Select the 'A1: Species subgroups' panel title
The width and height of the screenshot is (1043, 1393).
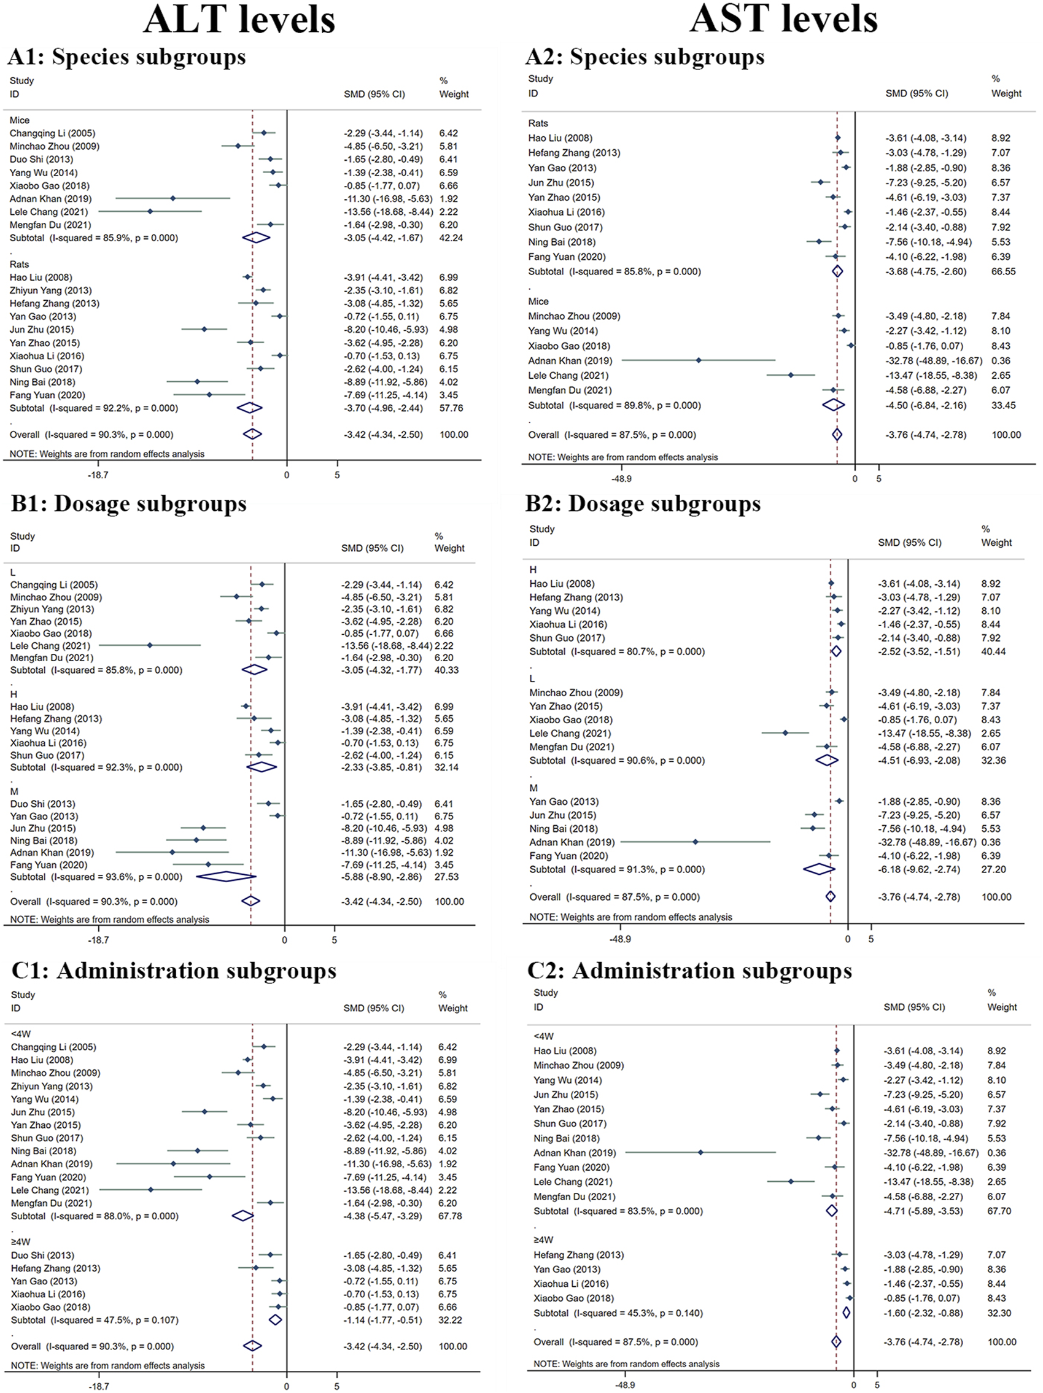click(x=126, y=56)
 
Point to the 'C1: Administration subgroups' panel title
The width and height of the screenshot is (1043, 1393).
click(x=174, y=971)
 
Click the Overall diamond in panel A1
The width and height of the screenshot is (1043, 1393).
click(x=252, y=434)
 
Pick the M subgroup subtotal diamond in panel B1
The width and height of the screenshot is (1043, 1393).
click(x=226, y=877)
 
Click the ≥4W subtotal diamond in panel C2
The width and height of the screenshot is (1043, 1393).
click(x=846, y=1313)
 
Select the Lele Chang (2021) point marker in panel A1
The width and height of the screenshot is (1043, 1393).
click(x=150, y=212)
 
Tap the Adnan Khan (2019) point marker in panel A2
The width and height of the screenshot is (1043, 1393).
click(x=699, y=360)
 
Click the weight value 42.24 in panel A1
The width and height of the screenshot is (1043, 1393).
click(x=451, y=238)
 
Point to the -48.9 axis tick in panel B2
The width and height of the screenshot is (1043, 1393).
click(x=620, y=939)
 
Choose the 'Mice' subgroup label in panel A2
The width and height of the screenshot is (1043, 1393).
click(x=538, y=301)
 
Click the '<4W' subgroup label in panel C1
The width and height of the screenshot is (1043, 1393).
click(x=21, y=1034)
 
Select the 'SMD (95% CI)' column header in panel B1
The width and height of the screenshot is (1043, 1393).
click(x=372, y=548)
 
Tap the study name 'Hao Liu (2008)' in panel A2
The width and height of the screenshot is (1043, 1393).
click(x=560, y=138)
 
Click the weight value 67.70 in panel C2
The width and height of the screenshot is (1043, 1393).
click(x=999, y=1211)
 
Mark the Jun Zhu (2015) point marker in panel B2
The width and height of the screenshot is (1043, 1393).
click(x=814, y=815)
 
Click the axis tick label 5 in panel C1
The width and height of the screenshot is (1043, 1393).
click(x=337, y=1386)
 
